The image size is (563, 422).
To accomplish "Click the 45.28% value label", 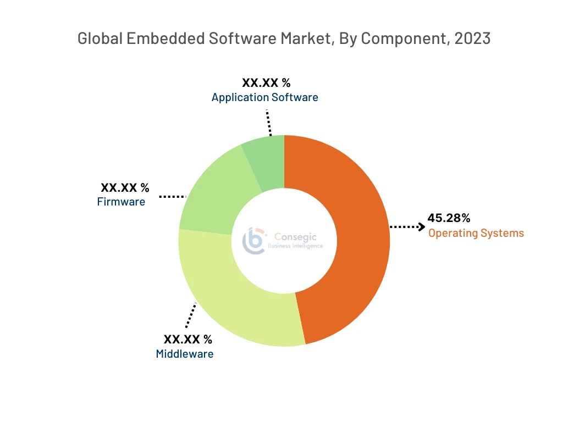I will [449, 218].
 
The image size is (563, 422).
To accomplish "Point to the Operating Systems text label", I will [476, 233].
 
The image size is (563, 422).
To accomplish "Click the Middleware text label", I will [185, 354].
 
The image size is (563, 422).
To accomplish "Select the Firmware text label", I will [121, 202].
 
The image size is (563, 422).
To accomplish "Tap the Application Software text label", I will [264, 97].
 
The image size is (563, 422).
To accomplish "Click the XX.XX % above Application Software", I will [266, 83].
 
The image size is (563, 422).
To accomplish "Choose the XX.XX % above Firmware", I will [125, 188].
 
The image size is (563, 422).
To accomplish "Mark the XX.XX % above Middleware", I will [187, 340].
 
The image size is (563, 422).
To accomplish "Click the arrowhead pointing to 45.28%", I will [422, 226].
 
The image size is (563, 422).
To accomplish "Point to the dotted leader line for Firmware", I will [173, 196].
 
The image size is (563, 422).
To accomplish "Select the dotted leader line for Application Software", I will [268, 122].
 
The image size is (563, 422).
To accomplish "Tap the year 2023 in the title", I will [473, 38].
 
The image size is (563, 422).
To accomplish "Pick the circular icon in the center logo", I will [254, 241].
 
